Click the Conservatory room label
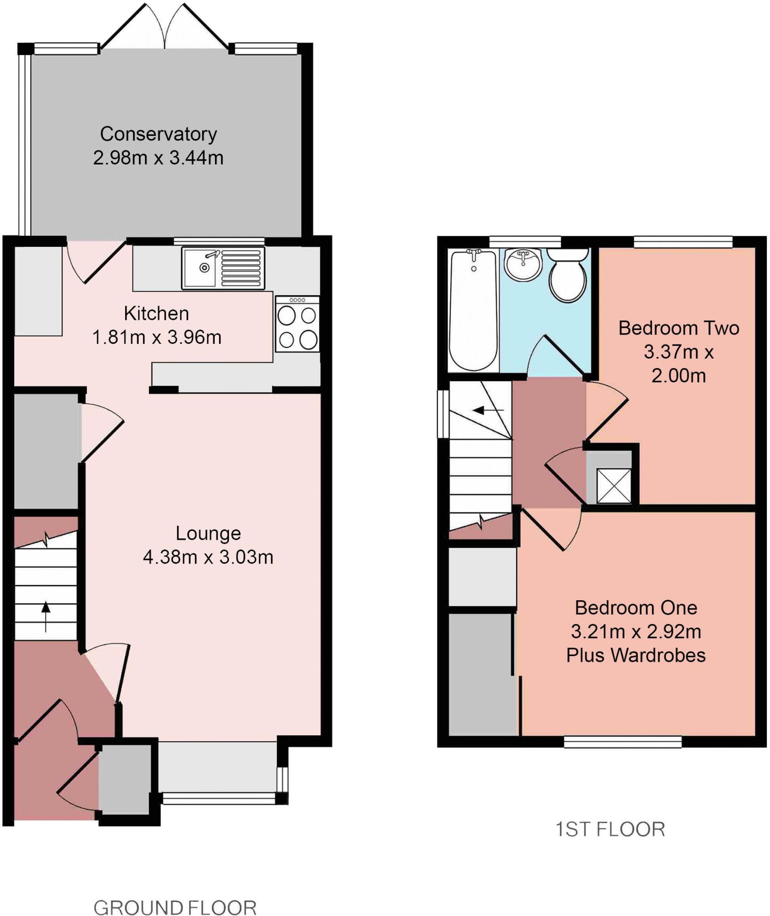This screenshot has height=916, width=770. (158, 134)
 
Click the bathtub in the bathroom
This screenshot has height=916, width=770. (473, 310)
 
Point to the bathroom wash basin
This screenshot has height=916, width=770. (523, 265)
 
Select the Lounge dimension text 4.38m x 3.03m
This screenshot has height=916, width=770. (208, 557)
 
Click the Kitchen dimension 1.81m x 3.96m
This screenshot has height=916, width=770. (157, 337)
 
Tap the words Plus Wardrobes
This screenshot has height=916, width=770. (635, 656)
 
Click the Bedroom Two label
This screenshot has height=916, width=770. (678, 328)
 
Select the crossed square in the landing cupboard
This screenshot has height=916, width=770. (613, 486)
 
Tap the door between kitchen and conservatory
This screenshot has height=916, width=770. (96, 263)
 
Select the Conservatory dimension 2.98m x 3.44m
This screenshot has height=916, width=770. (158, 158)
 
